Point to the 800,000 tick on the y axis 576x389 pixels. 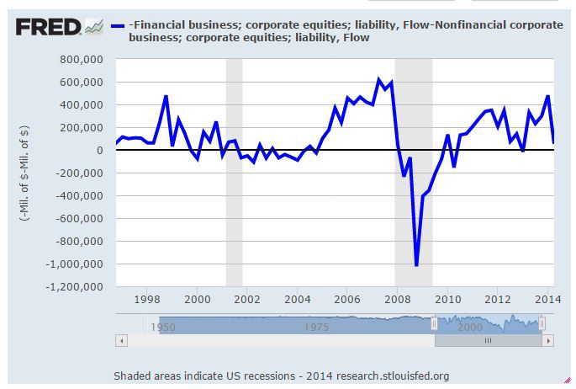[82, 60]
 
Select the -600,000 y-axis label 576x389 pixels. [82, 219]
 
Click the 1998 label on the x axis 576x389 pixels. [147, 299]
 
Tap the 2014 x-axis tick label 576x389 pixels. [547, 299]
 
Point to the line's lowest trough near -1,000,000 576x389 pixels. [416, 265]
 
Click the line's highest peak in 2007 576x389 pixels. [379, 80]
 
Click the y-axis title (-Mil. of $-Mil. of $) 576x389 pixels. [26, 173]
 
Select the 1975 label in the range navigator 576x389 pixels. [316, 327]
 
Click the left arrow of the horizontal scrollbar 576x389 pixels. [122, 341]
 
